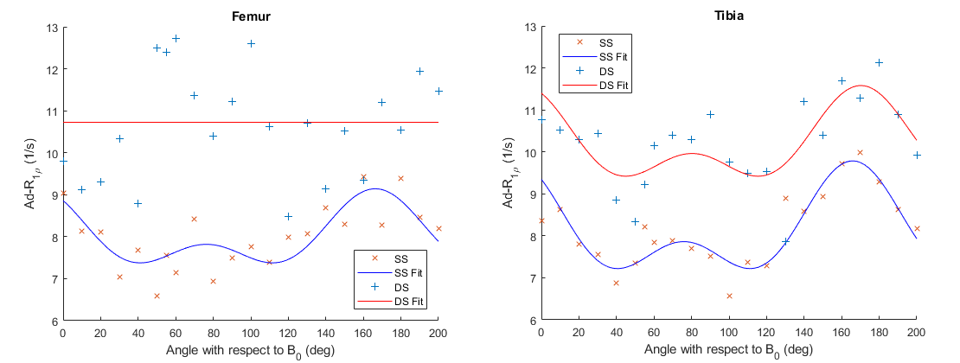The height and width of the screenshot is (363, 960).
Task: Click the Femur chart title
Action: point(251,16)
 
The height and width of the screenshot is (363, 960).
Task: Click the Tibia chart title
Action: point(728,16)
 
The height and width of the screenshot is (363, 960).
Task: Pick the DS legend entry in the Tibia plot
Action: point(607,71)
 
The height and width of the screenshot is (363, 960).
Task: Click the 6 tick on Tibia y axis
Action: point(531,321)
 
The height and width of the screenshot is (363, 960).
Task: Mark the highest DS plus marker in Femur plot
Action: point(176,38)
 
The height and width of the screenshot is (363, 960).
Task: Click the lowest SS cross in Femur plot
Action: point(157,296)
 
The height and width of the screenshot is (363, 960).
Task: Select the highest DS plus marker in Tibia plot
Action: point(879,62)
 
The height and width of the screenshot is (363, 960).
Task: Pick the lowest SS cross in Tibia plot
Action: point(729,296)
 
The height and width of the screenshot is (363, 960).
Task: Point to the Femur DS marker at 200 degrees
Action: point(438,91)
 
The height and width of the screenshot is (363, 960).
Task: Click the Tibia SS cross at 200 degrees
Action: point(917,228)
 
